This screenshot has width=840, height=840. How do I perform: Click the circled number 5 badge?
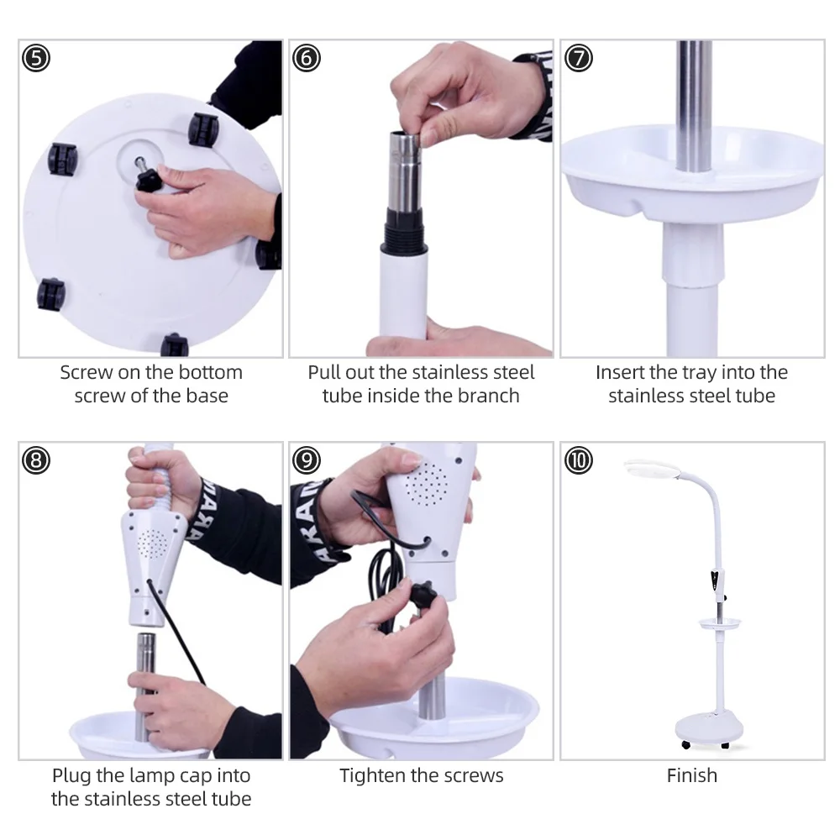click(x=36, y=58)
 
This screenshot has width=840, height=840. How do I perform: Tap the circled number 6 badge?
click(x=307, y=58)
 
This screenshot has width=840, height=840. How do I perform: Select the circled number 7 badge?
click(x=579, y=58)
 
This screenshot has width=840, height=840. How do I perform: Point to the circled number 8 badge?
click(x=36, y=460)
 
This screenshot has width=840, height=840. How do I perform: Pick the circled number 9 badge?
click(x=307, y=460)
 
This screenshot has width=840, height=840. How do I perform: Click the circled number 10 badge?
click(x=579, y=460)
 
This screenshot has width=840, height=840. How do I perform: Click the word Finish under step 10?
click(x=691, y=775)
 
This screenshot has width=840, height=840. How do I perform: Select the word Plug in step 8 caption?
click(x=71, y=776)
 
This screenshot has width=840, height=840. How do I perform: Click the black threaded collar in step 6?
click(x=405, y=230)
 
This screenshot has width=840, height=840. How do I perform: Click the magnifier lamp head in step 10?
click(x=652, y=470)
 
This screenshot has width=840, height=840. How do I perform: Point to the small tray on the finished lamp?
click(x=720, y=623)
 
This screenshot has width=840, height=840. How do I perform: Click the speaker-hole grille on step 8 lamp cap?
click(x=152, y=543)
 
